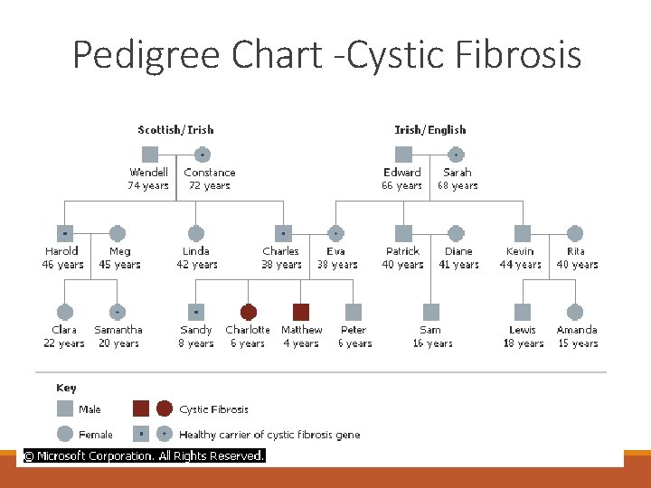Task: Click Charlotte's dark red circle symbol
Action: (249, 312)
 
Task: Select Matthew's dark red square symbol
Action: (301, 312)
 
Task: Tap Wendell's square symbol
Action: (150, 155)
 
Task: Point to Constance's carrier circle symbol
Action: (203, 155)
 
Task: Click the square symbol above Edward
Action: (403, 155)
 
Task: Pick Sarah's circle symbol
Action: (457, 155)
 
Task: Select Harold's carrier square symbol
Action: (64, 233)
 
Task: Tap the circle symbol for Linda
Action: (196, 233)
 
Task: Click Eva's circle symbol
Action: (335, 233)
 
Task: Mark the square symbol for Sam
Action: (430, 312)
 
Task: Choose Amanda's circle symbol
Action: (576, 312)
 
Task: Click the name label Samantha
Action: (118, 330)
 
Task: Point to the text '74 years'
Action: (148, 185)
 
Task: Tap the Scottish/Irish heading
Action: (175, 129)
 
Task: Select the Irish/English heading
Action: (430, 129)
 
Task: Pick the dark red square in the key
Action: (141, 408)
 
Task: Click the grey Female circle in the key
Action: (64, 434)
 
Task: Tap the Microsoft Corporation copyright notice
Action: (144, 456)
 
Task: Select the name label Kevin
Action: (520, 251)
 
